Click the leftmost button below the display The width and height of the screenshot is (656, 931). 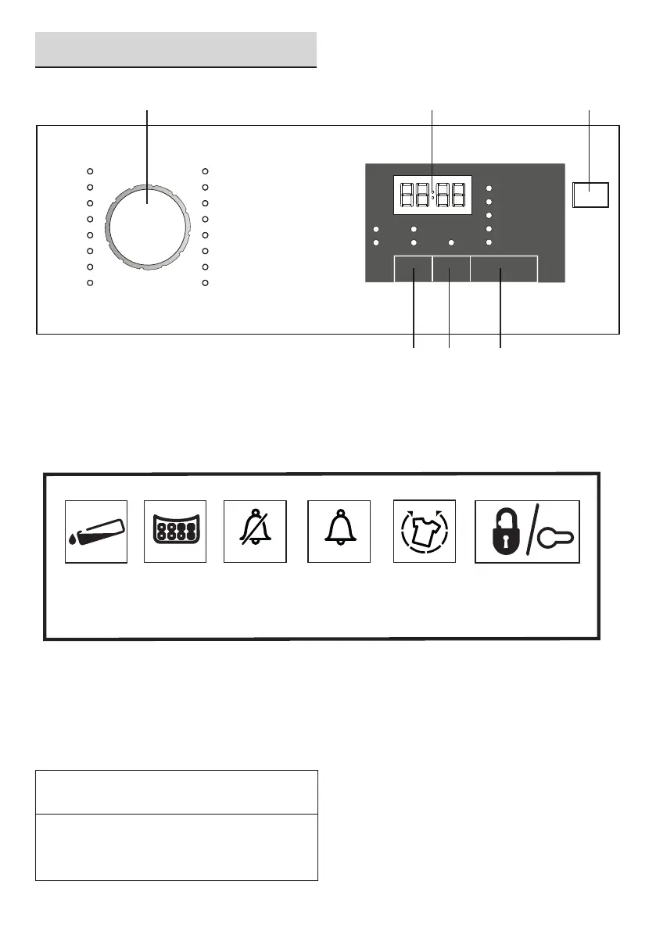413,270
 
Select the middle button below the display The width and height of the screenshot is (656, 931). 450,270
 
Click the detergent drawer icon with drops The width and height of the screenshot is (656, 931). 96,532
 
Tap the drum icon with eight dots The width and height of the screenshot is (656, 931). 175,532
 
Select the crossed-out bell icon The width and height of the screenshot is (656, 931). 256,532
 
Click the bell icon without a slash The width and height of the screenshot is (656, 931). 338,532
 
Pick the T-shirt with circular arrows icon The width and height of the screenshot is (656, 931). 423,532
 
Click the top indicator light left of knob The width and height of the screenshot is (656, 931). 90,170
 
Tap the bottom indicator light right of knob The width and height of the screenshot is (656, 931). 205,282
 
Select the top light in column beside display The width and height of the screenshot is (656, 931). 489,188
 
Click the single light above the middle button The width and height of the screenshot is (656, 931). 450,243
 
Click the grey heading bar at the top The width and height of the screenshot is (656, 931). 176,49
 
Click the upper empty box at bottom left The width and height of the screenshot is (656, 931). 177,792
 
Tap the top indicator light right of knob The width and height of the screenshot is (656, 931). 205,170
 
